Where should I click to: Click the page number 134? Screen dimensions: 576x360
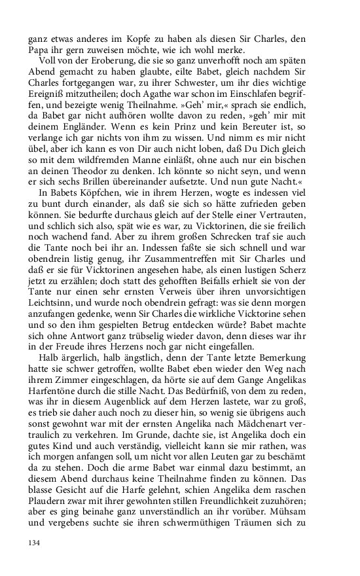point(33,543)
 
